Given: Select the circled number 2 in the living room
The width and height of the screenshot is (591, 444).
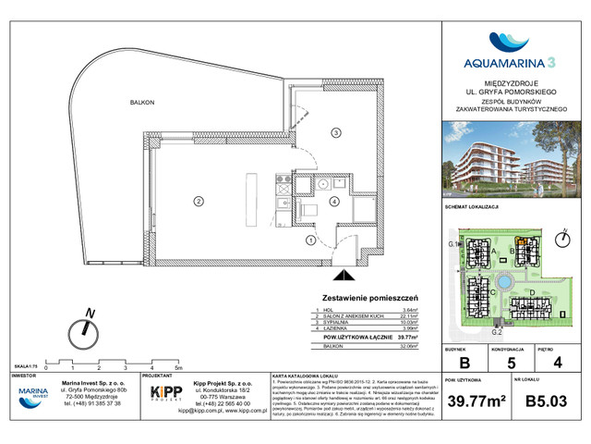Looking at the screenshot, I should (197, 199).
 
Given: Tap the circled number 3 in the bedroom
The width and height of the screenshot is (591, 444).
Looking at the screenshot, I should (337, 131).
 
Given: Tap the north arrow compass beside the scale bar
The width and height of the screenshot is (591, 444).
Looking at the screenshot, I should (88, 328).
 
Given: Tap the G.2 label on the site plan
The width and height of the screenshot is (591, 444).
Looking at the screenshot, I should (496, 330).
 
